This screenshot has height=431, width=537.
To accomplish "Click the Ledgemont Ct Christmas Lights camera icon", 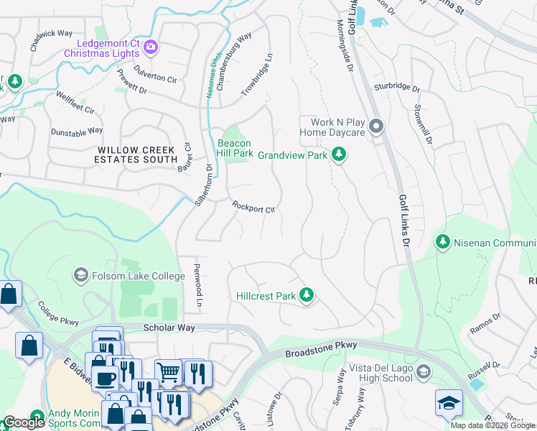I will click(151, 48).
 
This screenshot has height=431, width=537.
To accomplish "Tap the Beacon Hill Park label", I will click(235, 148).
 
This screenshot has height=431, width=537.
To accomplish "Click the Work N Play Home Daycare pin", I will click(378, 128).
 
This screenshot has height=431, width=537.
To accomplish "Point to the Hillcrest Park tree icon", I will click(307, 295).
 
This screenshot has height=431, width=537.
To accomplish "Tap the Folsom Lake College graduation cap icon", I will click(80, 275).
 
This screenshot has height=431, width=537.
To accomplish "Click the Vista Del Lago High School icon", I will click(424, 371).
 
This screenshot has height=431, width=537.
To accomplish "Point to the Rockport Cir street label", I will click(253, 207).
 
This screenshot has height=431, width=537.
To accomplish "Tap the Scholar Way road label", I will click(169, 328).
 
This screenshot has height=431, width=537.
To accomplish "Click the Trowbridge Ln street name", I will click(258, 75).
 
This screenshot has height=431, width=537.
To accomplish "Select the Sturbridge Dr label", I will click(396, 88).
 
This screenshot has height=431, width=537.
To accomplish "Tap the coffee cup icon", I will click(105, 379).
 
